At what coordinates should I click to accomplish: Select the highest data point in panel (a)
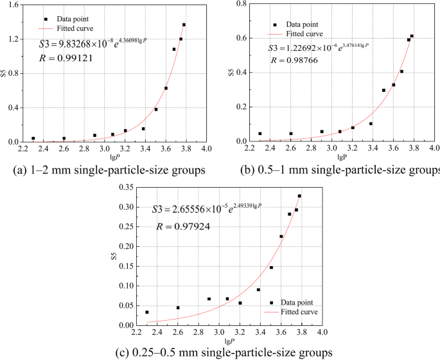point(184,24)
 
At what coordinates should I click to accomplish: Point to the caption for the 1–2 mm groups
point(108,170)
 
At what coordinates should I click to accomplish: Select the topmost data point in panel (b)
point(412,36)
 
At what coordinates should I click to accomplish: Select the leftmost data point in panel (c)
point(147,312)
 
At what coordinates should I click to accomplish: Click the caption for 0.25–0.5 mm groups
point(220,352)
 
